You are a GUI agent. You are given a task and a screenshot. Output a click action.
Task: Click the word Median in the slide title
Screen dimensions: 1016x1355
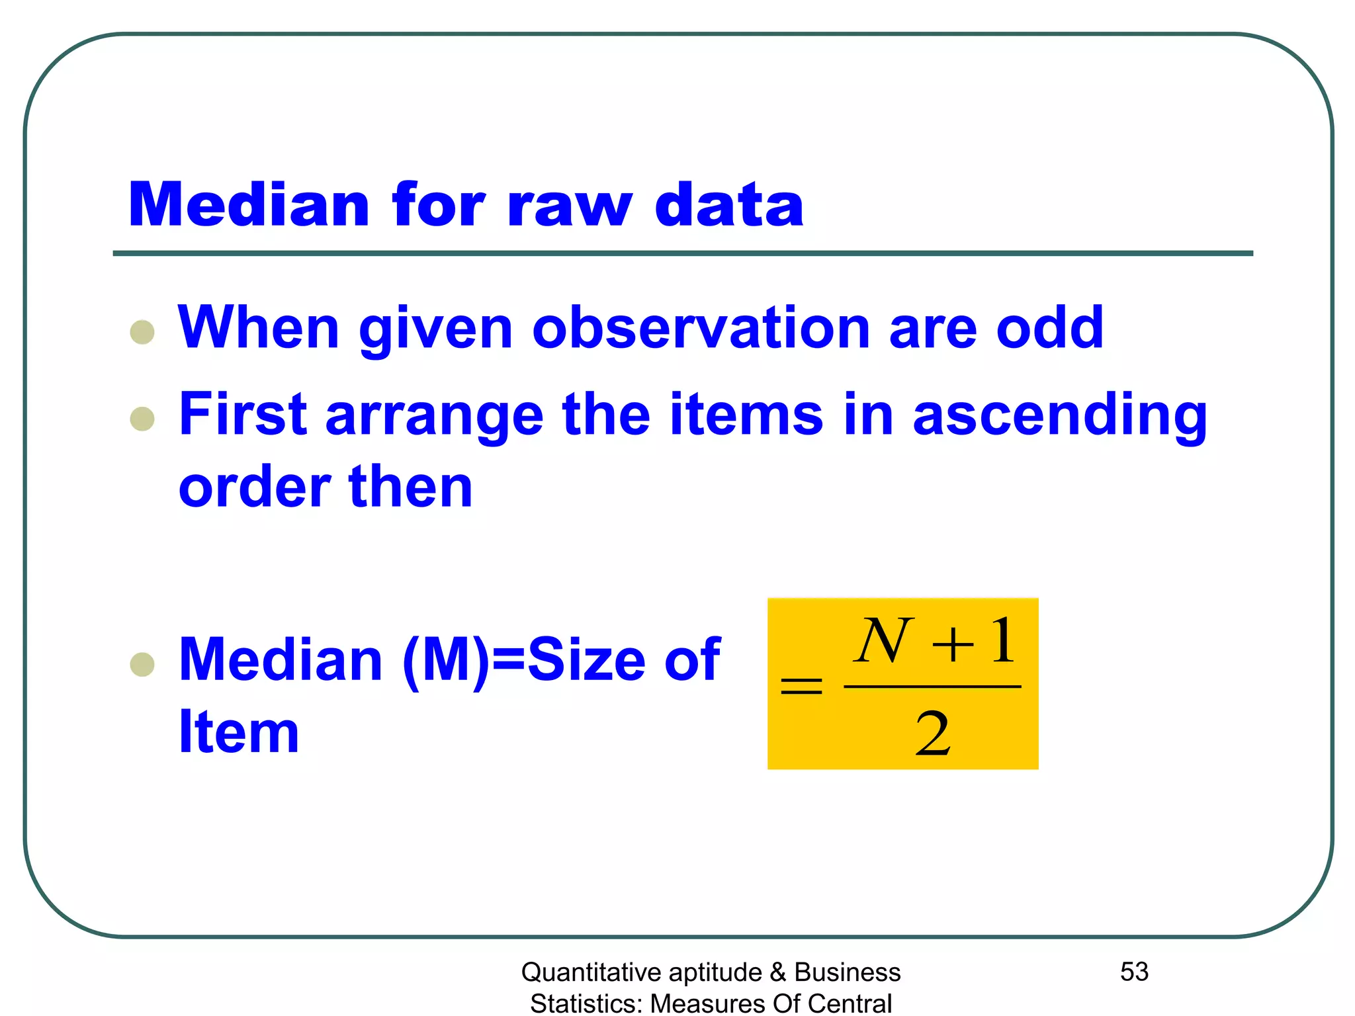tap(248, 205)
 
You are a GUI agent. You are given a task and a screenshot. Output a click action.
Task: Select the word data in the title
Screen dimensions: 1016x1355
tap(729, 205)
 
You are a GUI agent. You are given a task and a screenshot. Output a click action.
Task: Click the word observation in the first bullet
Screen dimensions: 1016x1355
tap(701, 327)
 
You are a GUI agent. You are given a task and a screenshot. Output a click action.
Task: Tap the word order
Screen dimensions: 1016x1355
tap(254, 487)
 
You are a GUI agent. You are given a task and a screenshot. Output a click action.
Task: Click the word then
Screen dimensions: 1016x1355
tap(411, 487)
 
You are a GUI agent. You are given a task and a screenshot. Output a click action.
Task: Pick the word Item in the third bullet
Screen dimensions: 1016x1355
tap(239, 732)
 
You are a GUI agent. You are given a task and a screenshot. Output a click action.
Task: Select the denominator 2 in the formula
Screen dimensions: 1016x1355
tap(933, 734)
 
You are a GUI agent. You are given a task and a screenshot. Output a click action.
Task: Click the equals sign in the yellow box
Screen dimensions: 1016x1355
tap(801, 686)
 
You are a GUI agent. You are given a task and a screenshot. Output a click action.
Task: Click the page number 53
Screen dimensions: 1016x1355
tap(1134, 972)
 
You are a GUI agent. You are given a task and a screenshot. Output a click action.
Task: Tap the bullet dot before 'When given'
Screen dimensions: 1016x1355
tap(142, 332)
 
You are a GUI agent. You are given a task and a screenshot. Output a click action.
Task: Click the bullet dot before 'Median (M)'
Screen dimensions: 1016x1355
tap(142, 664)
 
